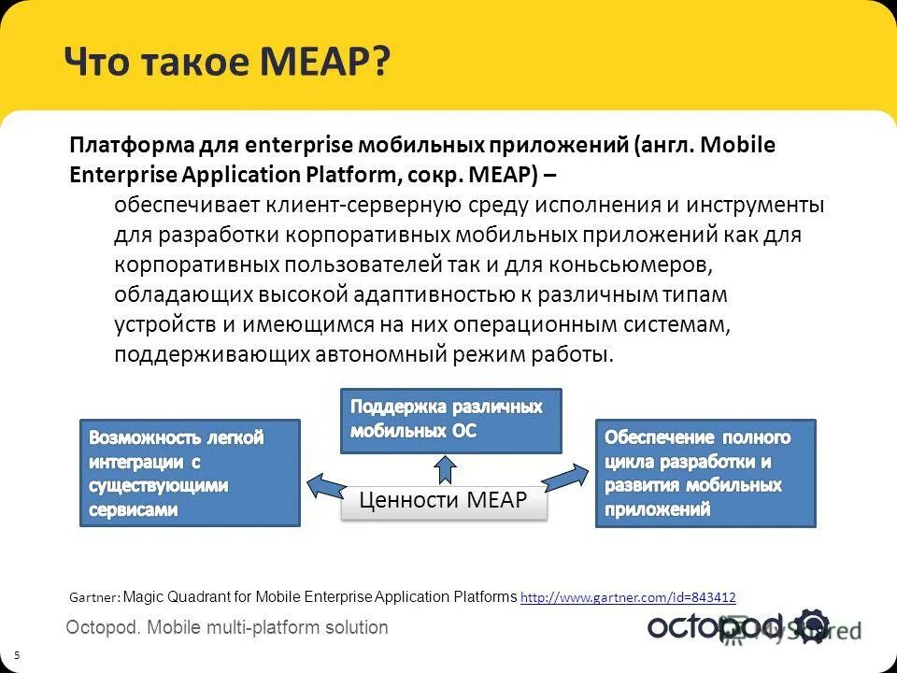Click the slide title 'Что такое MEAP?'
click(227, 64)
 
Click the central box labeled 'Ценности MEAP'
click(444, 502)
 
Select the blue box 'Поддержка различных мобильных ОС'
click(450, 421)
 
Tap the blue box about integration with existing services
click(190, 473)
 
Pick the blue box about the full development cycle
click(705, 473)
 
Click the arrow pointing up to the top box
click(445, 469)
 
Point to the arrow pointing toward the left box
click(326, 486)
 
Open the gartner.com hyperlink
click(628, 597)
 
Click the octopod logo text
click(719, 626)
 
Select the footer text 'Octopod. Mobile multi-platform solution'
click(227, 627)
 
